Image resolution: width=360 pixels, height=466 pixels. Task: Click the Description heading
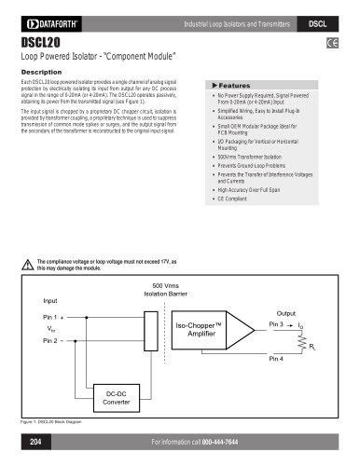point(41,72)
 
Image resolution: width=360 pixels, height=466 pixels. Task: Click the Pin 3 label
point(275,323)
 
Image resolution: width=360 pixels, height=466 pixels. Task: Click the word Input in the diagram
point(50,301)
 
